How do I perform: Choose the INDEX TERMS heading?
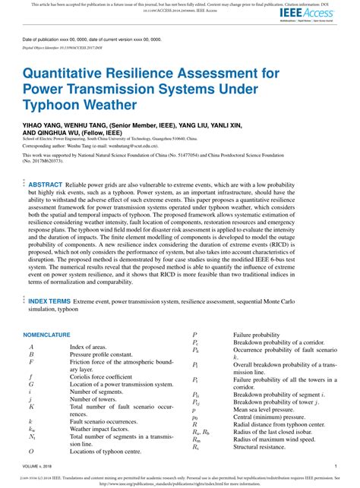[x=51, y=301]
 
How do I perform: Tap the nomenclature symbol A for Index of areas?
[x=31, y=347]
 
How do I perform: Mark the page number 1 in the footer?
[x=335, y=467]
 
